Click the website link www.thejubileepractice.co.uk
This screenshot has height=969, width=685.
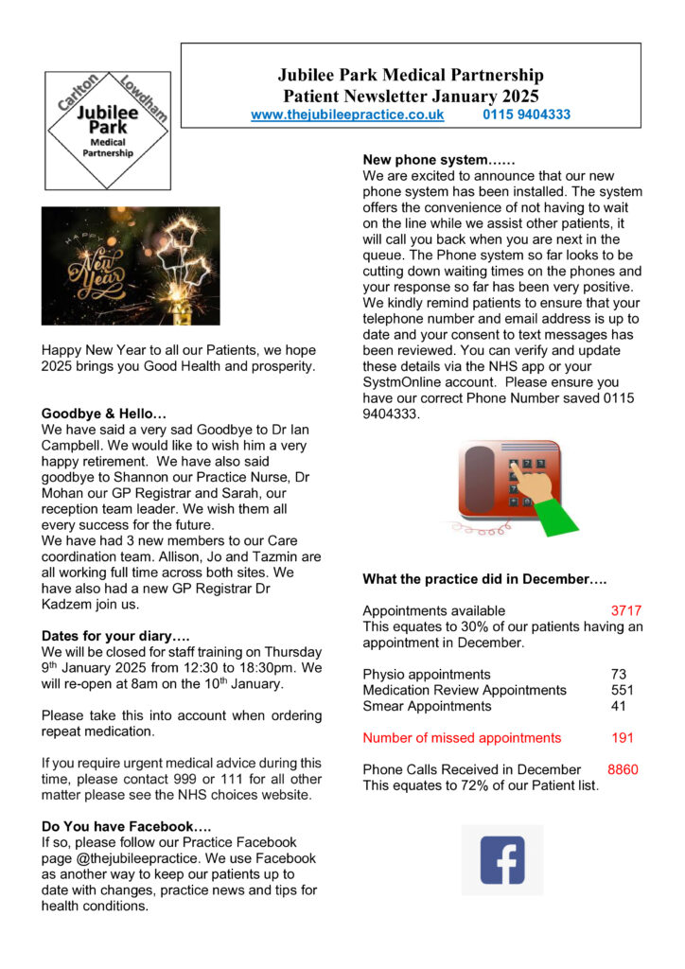[x=347, y=115]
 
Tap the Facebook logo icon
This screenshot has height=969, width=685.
[x=502, y=859]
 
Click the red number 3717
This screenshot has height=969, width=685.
[x=626, y=611]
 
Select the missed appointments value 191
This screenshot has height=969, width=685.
[x=623, y=738]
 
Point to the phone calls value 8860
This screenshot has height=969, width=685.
[x=623, y=769]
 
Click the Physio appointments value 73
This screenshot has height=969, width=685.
[x=619, y=675]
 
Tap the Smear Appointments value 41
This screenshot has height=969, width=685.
[x=619, y=706]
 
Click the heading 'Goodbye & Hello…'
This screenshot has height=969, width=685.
[x=104, y=414]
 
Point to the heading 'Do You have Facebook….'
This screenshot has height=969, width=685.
[x=119, y=826]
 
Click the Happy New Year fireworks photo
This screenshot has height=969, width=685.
[x=131, y=266]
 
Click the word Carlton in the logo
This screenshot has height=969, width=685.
[x=79, y=95]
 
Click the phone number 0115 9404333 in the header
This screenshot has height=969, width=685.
[x=526, y=115]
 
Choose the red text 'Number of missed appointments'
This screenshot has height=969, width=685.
[x=462, y=738]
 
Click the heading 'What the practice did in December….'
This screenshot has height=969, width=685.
[x=484, y=579]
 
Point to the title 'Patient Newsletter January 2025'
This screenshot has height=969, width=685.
[x=411, y=96]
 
